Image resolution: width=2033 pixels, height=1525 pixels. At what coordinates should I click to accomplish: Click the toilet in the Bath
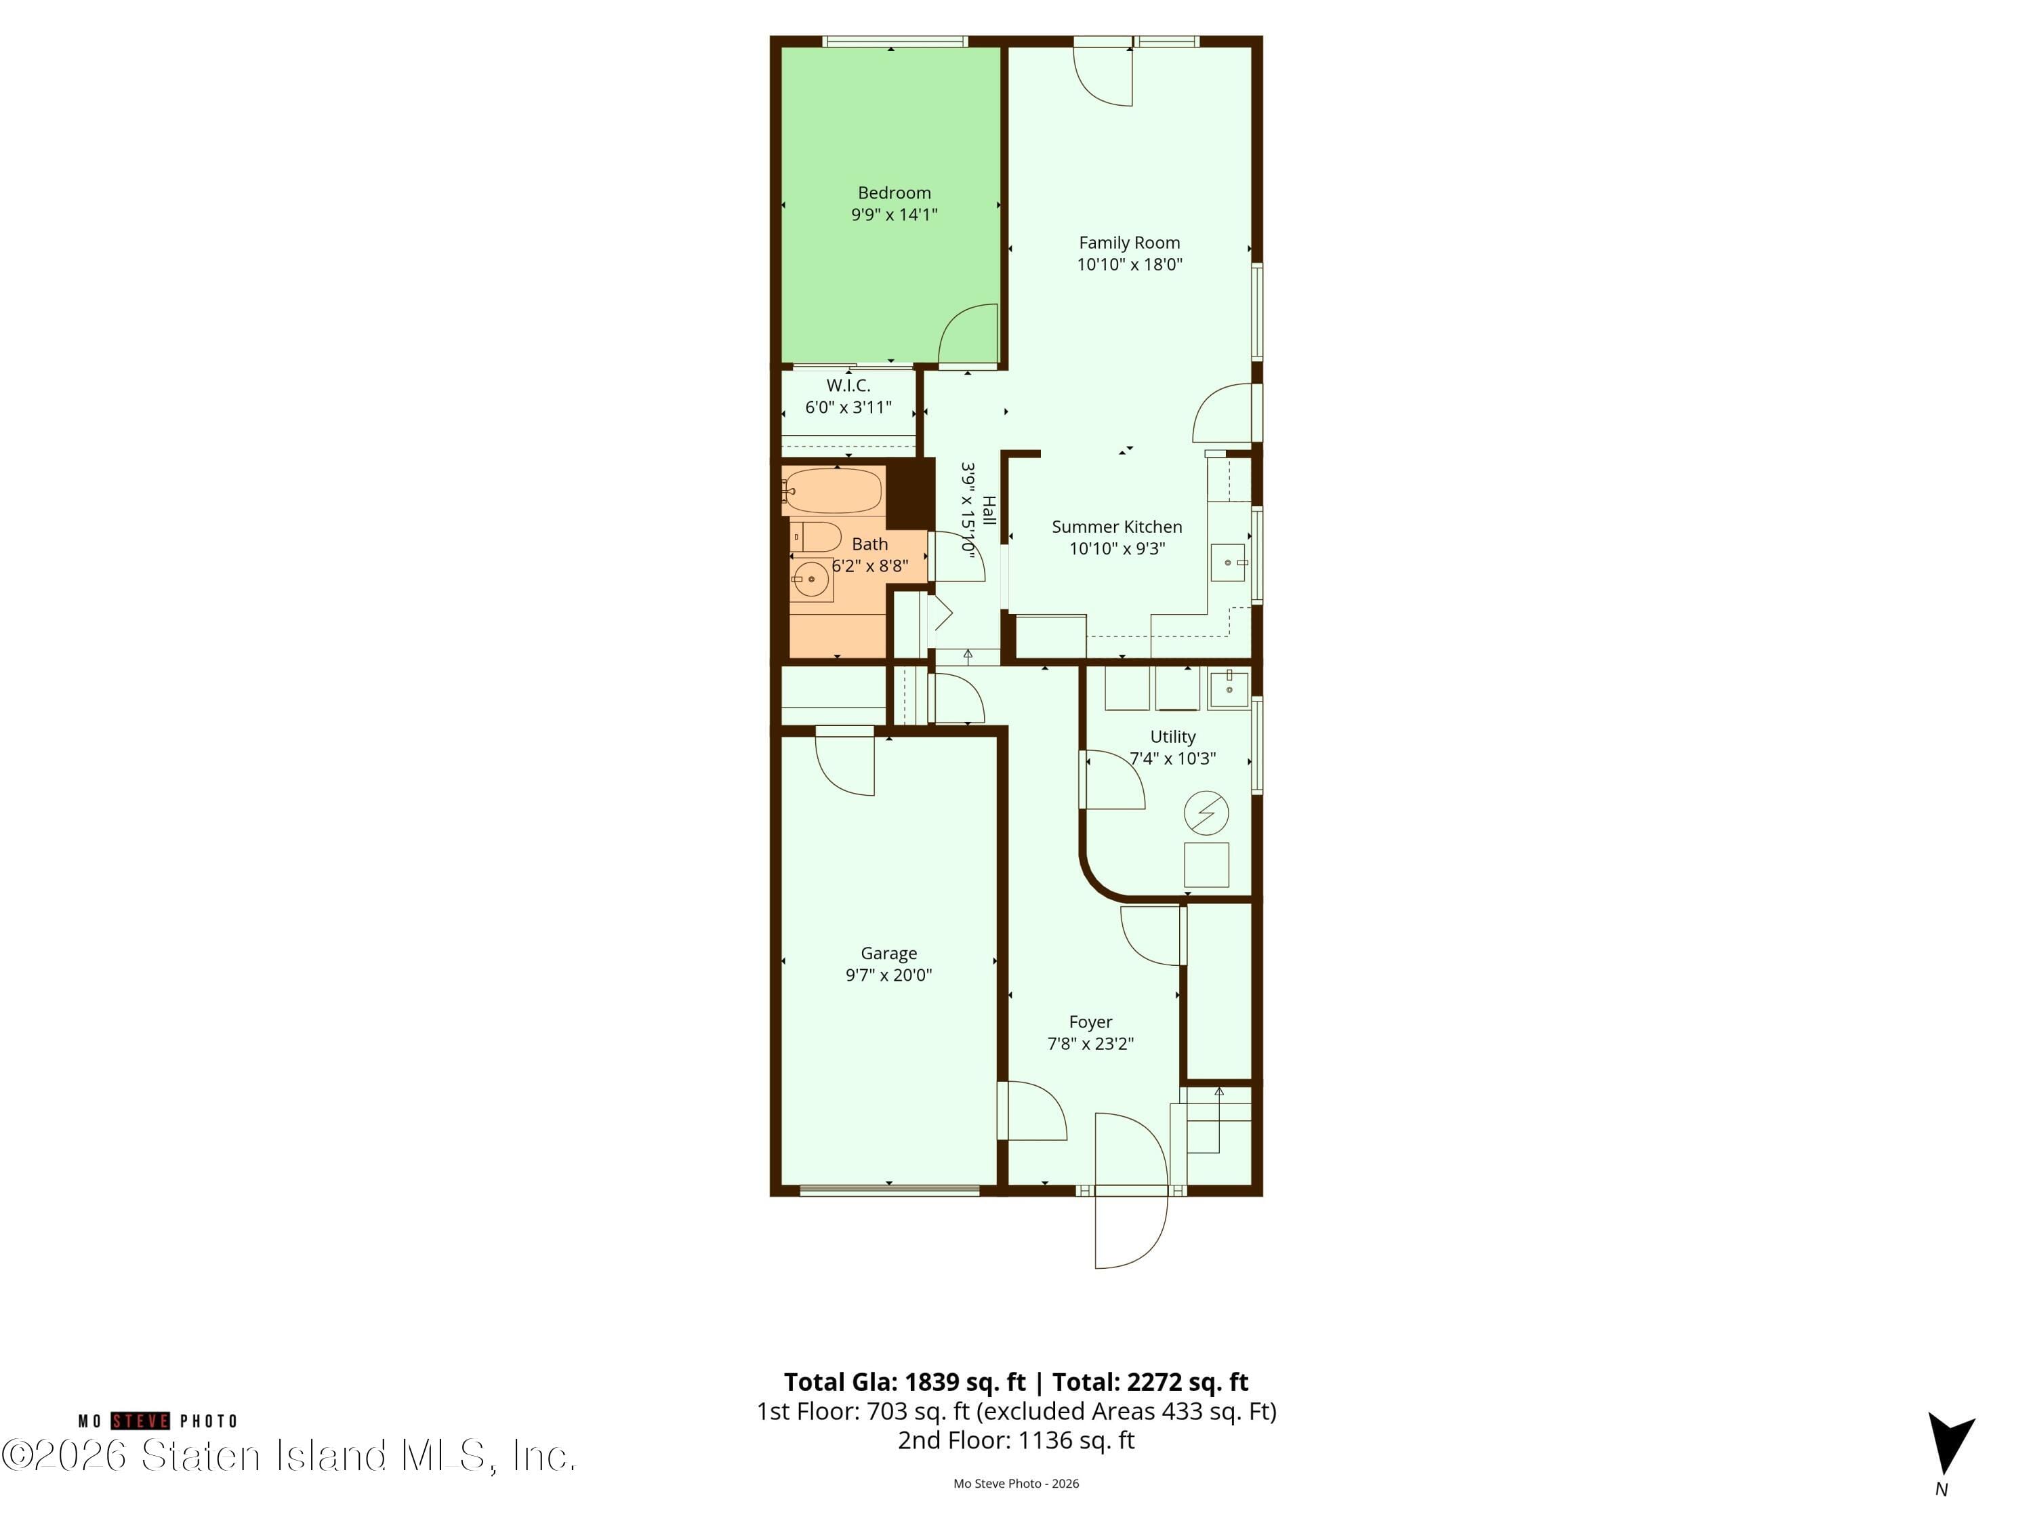[816, 537]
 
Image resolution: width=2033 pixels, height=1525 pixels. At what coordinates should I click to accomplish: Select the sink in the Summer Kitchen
[1228, 562]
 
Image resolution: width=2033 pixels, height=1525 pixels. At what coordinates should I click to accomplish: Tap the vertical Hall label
[988, 510]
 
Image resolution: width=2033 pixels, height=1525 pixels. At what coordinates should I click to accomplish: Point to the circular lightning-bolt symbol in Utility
[1206, 813]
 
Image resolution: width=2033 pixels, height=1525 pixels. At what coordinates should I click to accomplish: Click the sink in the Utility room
[1228, 687]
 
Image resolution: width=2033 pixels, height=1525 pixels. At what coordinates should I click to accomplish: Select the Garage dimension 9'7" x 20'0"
[888, 975]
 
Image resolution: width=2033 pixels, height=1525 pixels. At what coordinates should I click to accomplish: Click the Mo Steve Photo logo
[158, 1421]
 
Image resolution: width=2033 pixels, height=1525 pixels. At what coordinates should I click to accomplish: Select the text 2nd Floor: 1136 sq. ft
[1016, 1440]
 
